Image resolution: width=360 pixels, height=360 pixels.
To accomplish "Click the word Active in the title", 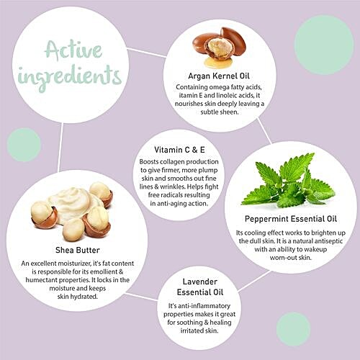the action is click(x=73, y=50).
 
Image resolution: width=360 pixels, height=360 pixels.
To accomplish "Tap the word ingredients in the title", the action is click(x=70, y=76).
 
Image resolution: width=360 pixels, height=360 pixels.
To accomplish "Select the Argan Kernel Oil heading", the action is click(x=219, y=76).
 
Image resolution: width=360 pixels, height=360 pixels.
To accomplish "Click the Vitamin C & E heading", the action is click(x=179, y=150).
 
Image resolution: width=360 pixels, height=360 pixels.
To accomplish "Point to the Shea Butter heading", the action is click(x=78, y=250).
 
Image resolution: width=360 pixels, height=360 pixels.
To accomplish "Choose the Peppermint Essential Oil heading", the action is click(x=291, y=219).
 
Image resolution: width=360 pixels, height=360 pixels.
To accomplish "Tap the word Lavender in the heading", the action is click(x=200, y=282).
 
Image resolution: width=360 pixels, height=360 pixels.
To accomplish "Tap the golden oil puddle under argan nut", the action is click(x=218, y=62).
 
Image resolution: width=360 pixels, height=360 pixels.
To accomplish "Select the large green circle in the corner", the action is click(x=324, y=45).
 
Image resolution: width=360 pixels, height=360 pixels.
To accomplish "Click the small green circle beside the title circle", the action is click(x=24, y=145).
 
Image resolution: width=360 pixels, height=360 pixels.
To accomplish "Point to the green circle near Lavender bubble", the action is click(x=293, y=329).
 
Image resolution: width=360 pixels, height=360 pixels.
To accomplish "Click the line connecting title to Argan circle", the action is click(x=146, y=53).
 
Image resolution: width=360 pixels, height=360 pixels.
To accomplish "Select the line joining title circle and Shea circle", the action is click(x=60, y=147).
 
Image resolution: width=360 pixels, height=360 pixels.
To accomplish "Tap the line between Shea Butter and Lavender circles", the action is click(x=142, y=297).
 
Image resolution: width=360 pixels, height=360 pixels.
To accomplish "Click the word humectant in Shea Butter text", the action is click(x=41, y=280).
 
